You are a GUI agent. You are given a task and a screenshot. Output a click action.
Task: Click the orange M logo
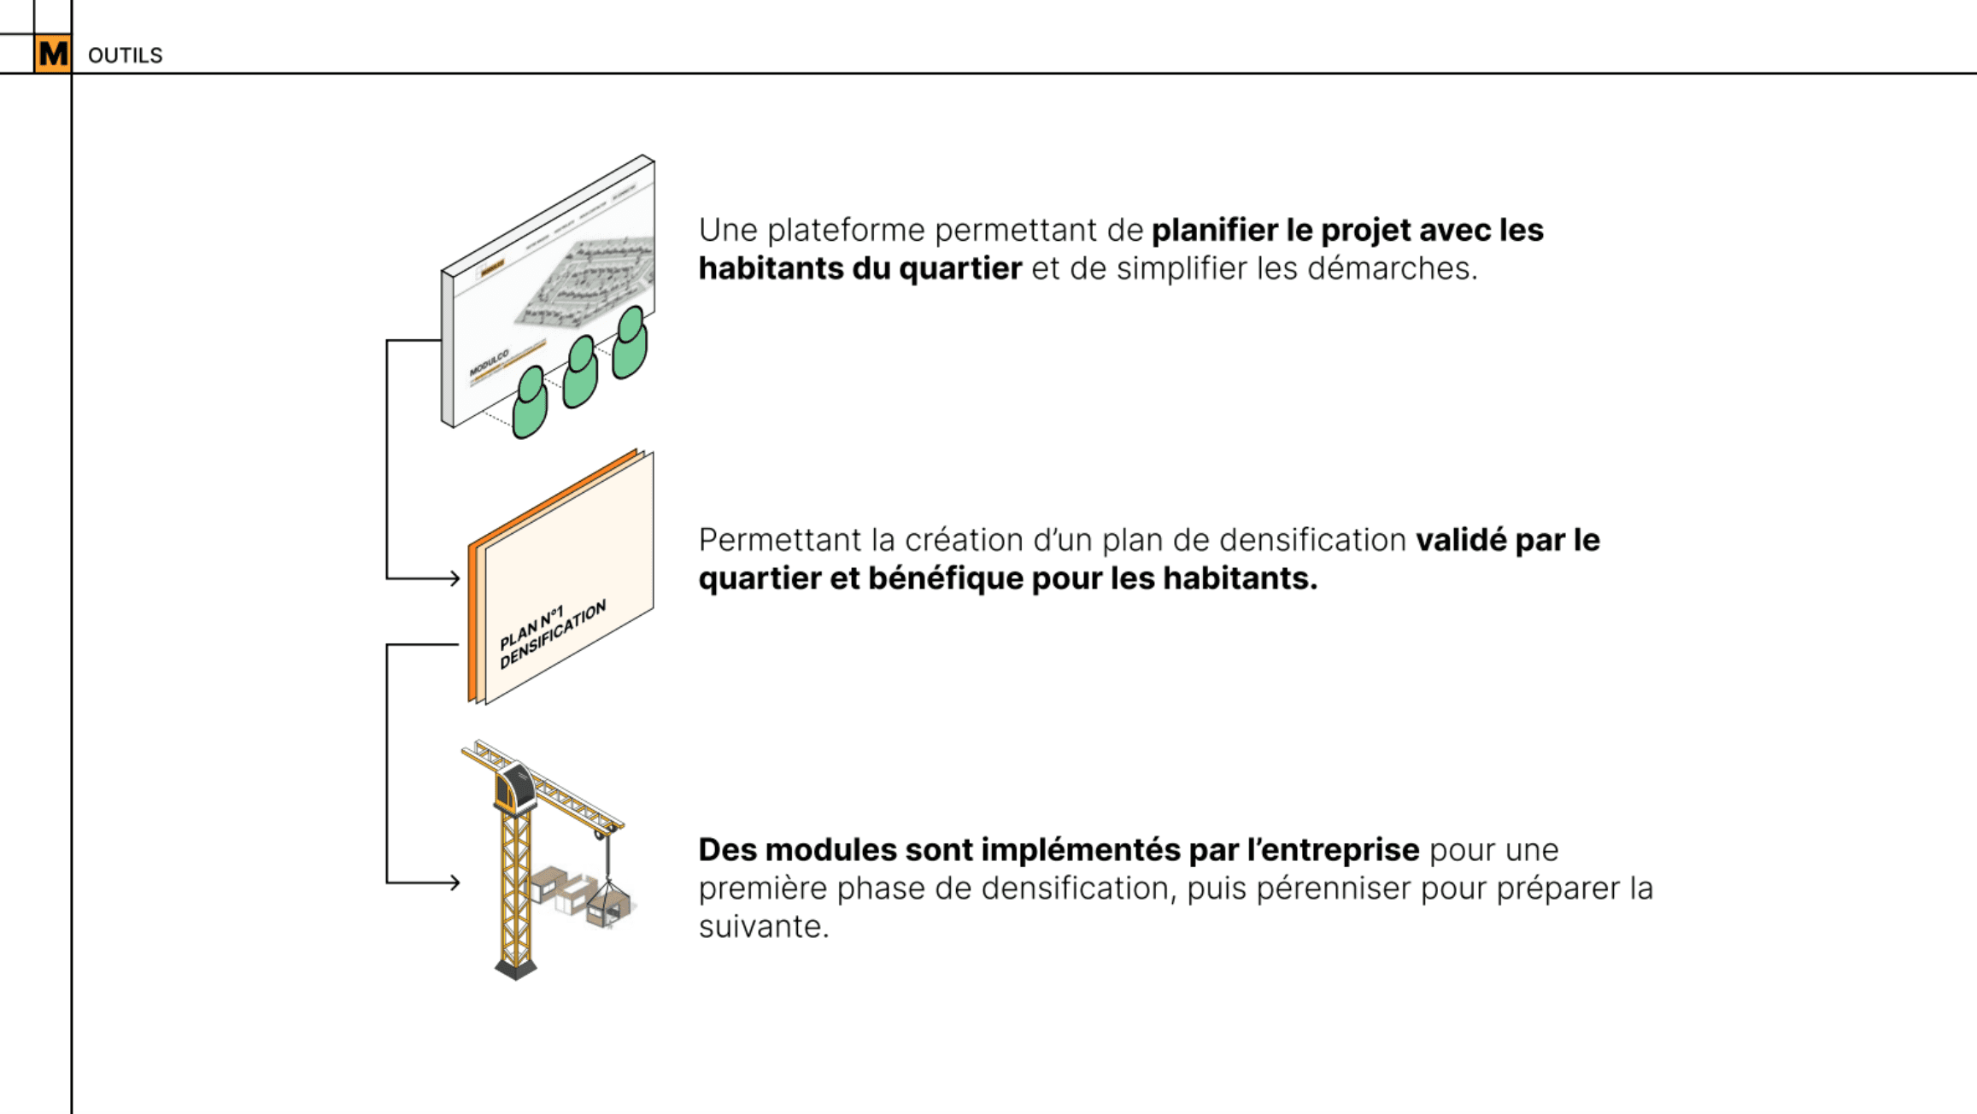tap(53, 54)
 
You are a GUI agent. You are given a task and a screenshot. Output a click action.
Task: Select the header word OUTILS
tap(125, 56)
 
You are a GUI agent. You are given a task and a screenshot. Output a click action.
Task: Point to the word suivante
tap(763, 927)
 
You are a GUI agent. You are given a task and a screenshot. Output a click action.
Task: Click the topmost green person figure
tap(631, 342)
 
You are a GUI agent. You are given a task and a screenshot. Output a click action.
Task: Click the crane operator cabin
tap(515, 786)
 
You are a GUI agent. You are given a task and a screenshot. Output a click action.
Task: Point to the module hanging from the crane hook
tap(608, 904)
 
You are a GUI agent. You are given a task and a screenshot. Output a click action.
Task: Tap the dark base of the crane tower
tap(516, 968)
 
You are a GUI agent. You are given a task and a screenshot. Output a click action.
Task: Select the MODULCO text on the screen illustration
tap(489, 362)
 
